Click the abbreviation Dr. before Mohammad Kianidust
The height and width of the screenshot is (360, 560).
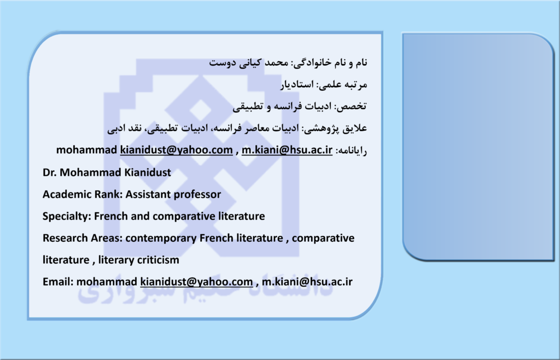point(50,172)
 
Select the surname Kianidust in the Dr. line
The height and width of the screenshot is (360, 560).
point(148,172)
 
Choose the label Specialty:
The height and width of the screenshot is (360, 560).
point(67,217)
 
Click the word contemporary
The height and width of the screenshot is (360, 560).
point(161,239)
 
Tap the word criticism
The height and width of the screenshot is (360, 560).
point(156,260)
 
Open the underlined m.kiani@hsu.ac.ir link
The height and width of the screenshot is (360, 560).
point(287,150)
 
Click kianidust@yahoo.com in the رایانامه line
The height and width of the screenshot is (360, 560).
point(177,150)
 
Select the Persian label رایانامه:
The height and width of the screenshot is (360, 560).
point(351,150)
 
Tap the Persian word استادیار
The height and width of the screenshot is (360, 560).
point(296,85)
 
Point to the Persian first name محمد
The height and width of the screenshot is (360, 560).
point(276,62)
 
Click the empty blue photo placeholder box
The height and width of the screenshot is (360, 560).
point(478,147)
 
